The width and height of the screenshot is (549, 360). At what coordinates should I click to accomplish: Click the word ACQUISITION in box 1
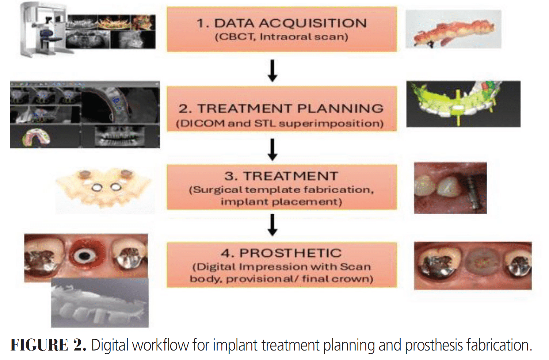click(313, 23)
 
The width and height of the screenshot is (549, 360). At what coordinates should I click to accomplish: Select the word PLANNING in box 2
click(340, 108)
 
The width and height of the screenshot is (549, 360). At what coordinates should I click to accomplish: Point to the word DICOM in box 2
click(202, 123)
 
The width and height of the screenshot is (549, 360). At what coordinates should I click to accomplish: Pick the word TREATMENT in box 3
click(291, 176)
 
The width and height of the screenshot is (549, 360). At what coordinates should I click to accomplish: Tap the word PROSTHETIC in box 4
click(290, 253)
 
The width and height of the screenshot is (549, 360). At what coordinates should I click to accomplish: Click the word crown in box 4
click(357, 279)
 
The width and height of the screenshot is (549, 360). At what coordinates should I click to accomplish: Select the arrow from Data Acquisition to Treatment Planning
click(272, 70)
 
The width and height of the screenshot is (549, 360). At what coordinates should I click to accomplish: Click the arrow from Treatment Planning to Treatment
click(272, 149)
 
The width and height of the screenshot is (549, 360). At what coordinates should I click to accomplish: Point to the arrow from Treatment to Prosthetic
click(272, 225)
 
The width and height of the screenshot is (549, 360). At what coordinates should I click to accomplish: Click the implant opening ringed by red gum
click(84, 256)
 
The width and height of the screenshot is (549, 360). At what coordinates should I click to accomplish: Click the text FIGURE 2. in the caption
click(48, 345)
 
